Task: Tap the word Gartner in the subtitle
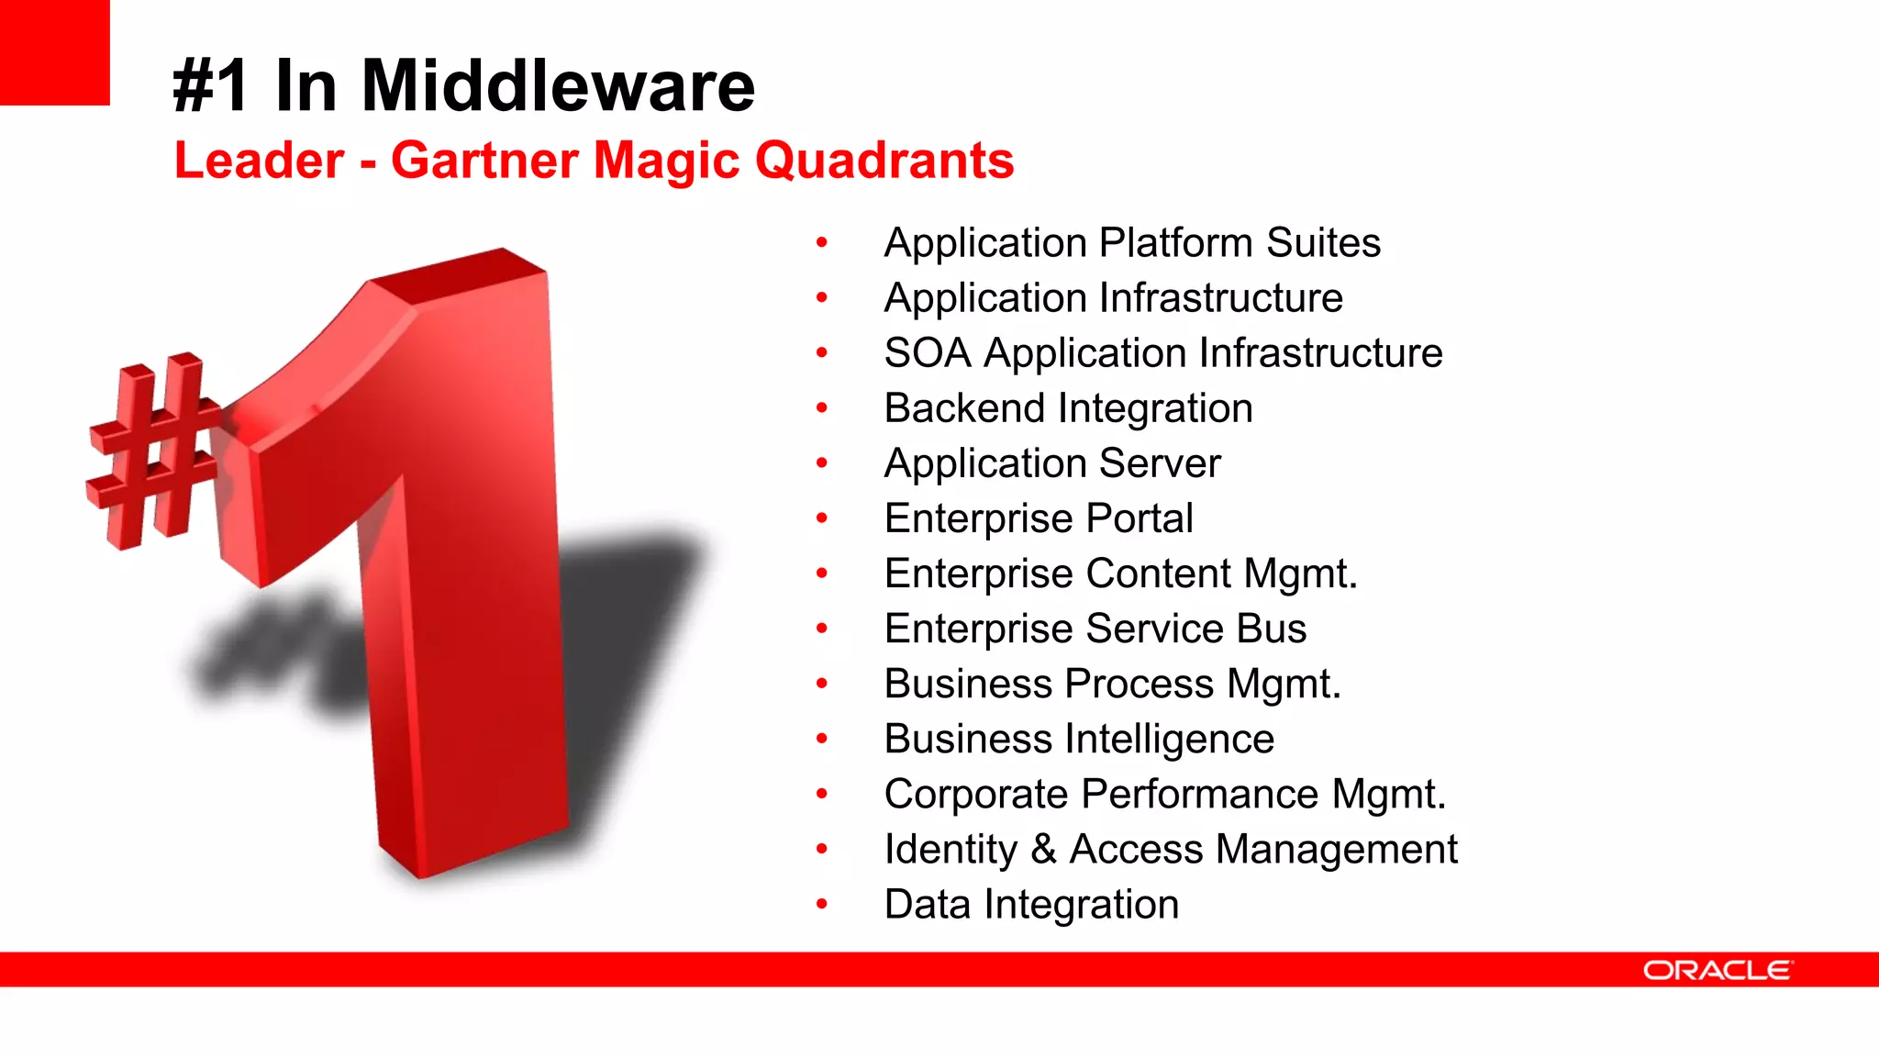point(486,161)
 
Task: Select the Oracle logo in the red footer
point(1717,971)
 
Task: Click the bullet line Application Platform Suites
point(1131,243)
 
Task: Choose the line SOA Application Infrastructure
point(1162,353)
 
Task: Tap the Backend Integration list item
point(1068,408)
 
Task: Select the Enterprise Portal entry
point(1038,518)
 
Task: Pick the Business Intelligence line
point(1078,740)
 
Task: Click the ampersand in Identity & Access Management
point(1043,849)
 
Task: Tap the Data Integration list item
point(1030,905)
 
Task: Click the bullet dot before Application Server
point(822,463)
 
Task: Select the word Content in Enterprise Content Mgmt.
point(1158,574)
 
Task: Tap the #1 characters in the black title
point(210,86)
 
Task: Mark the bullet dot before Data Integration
point(822,905)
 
